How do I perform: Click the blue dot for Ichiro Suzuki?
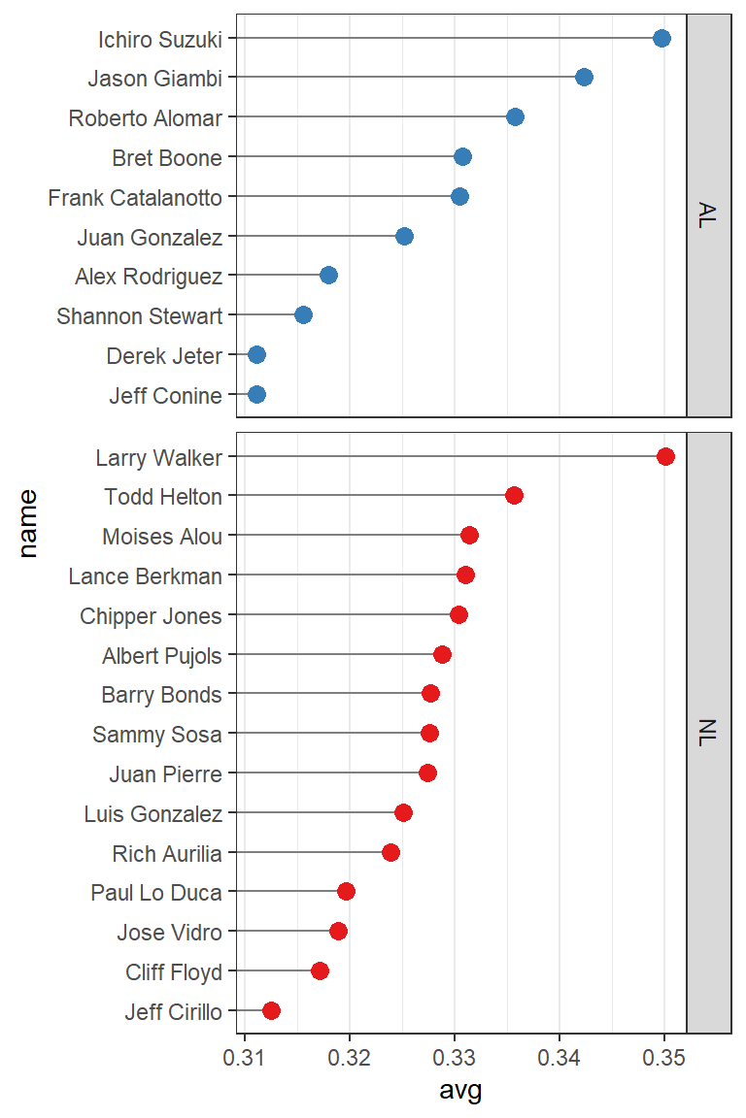click(x=661, y=38)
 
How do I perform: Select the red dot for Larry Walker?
click(x=665, y=456)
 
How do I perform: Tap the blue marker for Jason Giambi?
click(x=584, y=78)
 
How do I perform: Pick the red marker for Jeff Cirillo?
click(x=271, y=1011)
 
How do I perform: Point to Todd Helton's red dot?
click(x=514, y=496)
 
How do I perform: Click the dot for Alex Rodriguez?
click(x=328, y=276)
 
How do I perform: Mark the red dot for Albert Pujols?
click(x=442, y=655)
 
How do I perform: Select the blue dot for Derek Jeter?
click(x=256, y=355)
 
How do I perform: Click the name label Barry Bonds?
click(x=161, y=695)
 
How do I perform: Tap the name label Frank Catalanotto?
click(x=135, y=198)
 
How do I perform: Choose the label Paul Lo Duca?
click(x=156, y=893)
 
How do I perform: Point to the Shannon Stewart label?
click(x=140, y=316)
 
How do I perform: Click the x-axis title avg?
click(x=460, y=1091)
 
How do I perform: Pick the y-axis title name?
click(x=27, y=523)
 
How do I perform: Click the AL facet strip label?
click(x=707, y=215)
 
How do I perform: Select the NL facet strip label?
click(x=707, y=734)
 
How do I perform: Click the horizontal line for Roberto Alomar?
click(x=374, y=117)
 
